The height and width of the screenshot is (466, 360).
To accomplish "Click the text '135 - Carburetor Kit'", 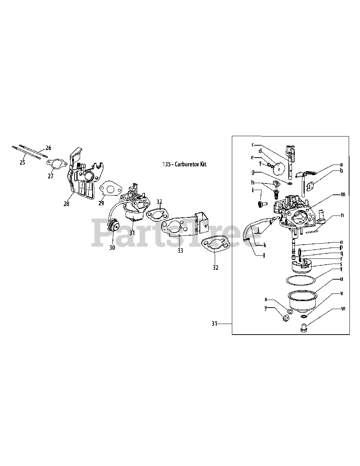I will pyautogui.click(x=184, y=164).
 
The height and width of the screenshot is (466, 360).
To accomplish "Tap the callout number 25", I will pyautogui.click(x=22, y=162).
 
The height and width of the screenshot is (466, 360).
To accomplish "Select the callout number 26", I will pyautogui.click(x=48, y=148).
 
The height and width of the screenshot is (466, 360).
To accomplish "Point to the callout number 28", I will pyautogui.click(x=66, y=204).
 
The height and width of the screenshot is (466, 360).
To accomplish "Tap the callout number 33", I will pyautogui.click(x=180, y=251).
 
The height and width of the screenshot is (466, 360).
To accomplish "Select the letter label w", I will pyautogui.click(x=343, y=309).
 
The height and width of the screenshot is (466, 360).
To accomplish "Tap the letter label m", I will pyautogui.click(x=343, y=194).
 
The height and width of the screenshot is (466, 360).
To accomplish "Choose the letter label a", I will pyautogui.click(x=341, y=164).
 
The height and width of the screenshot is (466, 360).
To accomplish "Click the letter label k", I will pyautogui.click(x=265, y=245).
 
